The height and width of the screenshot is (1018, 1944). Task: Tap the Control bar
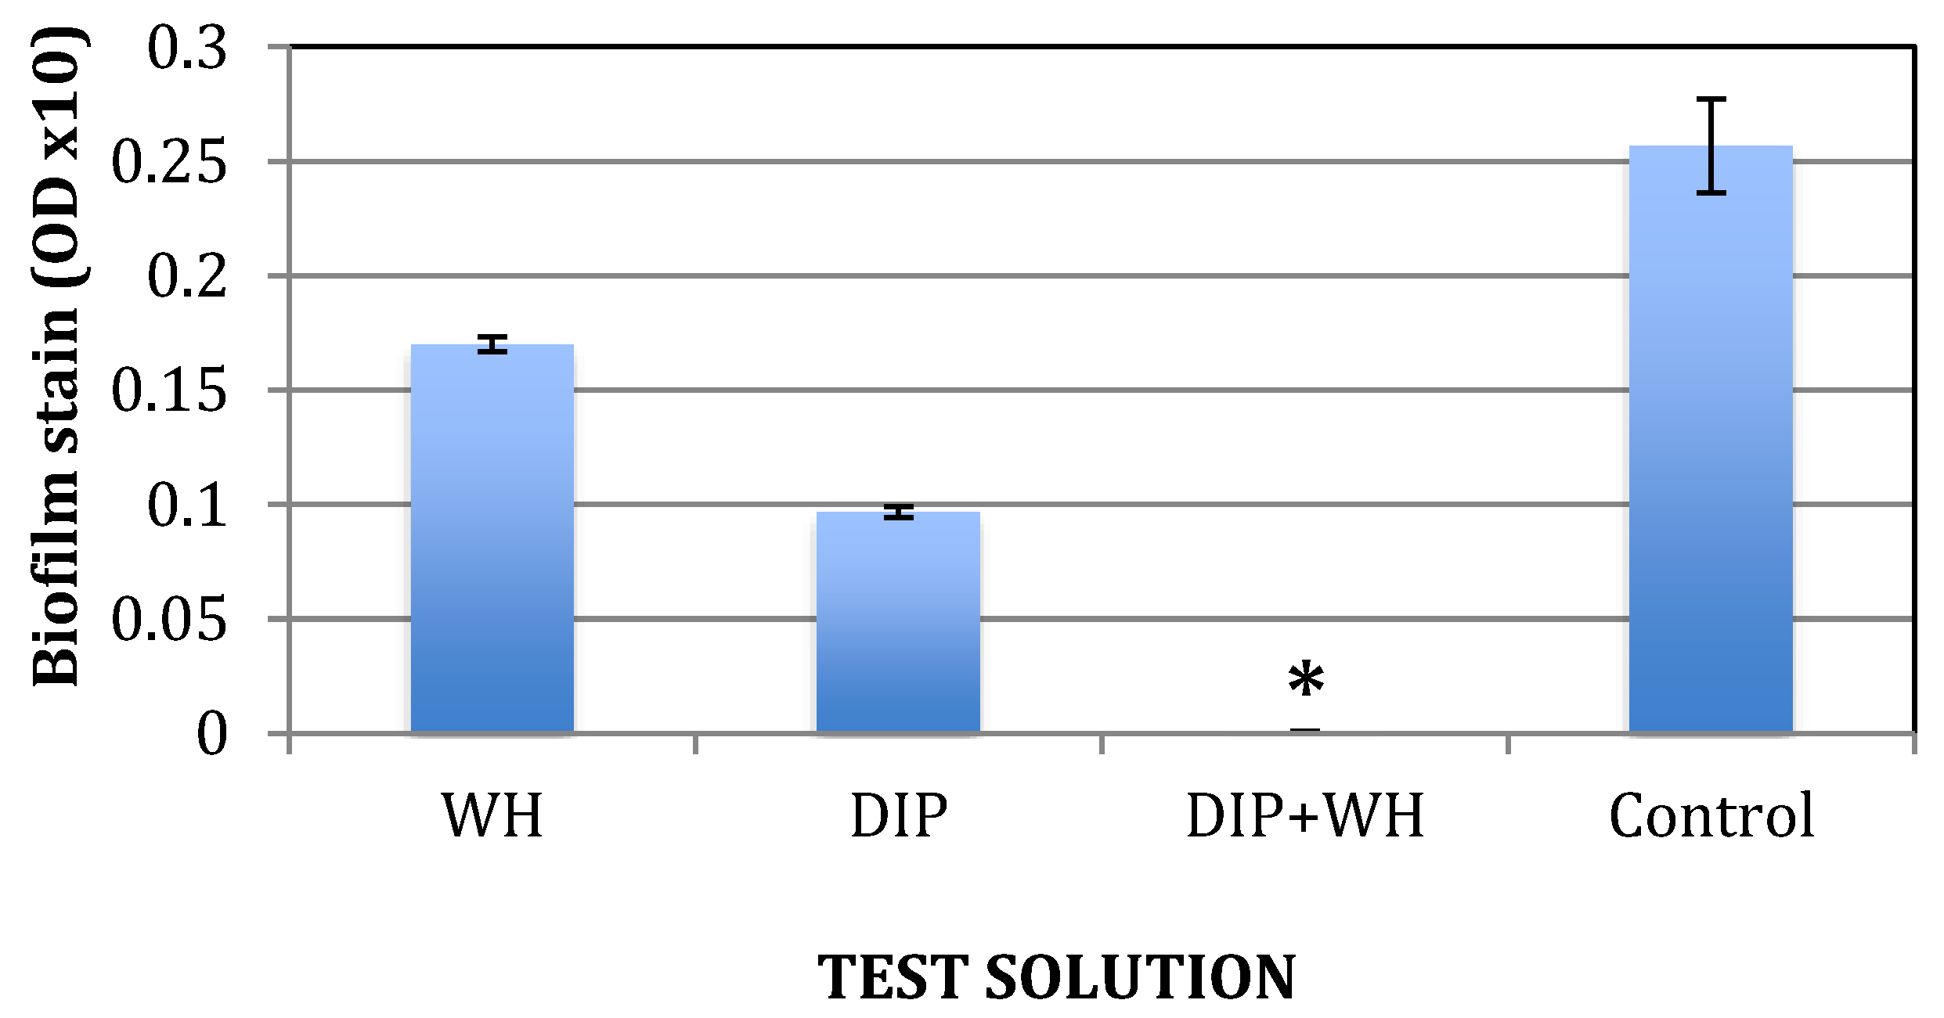[1711, 439]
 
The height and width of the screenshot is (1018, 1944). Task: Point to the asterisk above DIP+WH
[1306, 681]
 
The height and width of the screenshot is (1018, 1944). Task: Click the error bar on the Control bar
[1711, 146]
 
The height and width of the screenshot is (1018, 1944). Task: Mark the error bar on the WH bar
[492, 344]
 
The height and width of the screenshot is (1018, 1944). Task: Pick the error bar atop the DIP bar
[899, 513]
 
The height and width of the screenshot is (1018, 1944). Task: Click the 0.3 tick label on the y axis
[187, 49]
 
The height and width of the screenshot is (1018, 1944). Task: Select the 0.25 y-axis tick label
[169, 163]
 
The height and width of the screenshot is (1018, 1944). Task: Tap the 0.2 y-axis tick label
[187, 277]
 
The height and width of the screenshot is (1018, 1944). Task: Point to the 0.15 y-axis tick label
[169, 391]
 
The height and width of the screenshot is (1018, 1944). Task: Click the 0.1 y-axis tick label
[187, 505]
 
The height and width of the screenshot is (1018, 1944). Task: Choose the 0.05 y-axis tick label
[169, 620]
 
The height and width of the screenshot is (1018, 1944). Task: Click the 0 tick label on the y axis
[211, 734]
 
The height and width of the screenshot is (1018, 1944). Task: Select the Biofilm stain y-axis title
[56, 356]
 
